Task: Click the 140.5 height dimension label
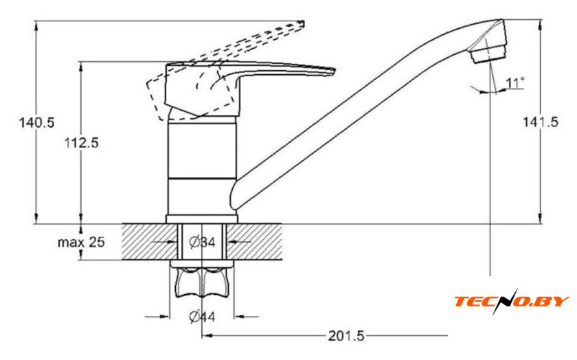coord(36,122)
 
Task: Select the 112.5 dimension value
coord(82,142)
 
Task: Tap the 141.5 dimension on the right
coord(541,122)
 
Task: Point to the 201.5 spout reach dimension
coord(346,336)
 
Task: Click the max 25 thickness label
coord(81,242)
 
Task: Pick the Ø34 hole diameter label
coord(202,242)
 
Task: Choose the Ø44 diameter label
coord(202,316)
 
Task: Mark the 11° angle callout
coord(514,83)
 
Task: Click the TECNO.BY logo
coord(512,301)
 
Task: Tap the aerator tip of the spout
coord(488,54)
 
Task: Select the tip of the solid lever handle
coord(333,71)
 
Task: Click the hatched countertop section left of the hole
coord(150,241)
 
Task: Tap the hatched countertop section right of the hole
coord(254,241)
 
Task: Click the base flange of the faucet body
coord(202,219)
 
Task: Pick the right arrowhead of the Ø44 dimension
coord(239,316)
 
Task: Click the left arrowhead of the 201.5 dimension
coord(207,336)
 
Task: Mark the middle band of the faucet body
coord(202,151)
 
